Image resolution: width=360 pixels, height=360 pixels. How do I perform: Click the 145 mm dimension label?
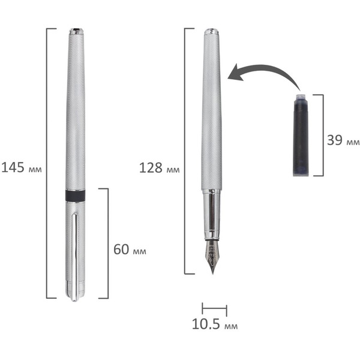22,167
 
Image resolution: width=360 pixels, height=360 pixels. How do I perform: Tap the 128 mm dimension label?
160,168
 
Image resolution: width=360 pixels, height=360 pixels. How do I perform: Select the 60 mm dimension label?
130,250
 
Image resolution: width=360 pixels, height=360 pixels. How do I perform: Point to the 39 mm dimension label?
343,140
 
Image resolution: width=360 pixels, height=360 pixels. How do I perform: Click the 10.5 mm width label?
215,324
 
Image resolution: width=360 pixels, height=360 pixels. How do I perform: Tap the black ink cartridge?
301,135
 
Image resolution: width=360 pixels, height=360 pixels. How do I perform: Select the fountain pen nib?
212,256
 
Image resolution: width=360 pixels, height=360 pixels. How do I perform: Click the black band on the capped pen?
76,196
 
